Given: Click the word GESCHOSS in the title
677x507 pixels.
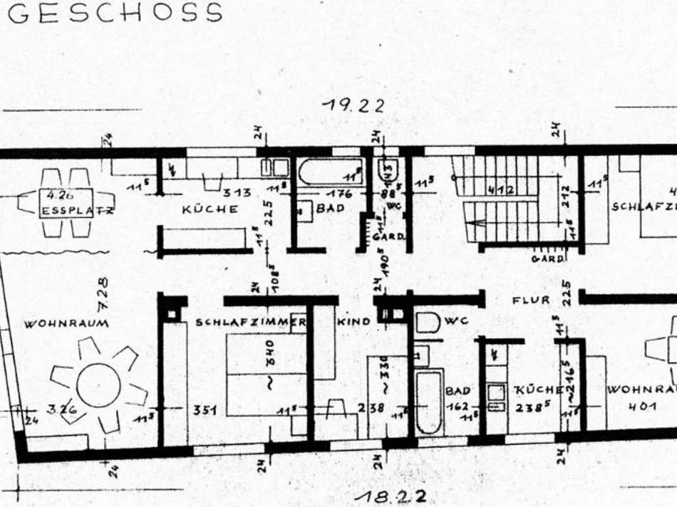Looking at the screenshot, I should point(115,13).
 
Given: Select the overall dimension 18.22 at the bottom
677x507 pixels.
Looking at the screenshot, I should point(393,496).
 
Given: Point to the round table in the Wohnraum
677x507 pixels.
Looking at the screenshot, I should point(98,385).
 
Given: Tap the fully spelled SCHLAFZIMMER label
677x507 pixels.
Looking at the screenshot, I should point(251,322).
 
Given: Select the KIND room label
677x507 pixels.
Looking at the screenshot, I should point(353,322).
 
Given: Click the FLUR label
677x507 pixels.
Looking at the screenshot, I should point(531,300).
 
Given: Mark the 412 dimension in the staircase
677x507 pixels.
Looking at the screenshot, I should point(502,190).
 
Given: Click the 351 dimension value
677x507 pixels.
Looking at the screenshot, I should point(205,410).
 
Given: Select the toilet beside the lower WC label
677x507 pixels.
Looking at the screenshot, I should point(428,322).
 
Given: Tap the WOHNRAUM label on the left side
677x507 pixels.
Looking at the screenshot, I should point(66,323).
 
